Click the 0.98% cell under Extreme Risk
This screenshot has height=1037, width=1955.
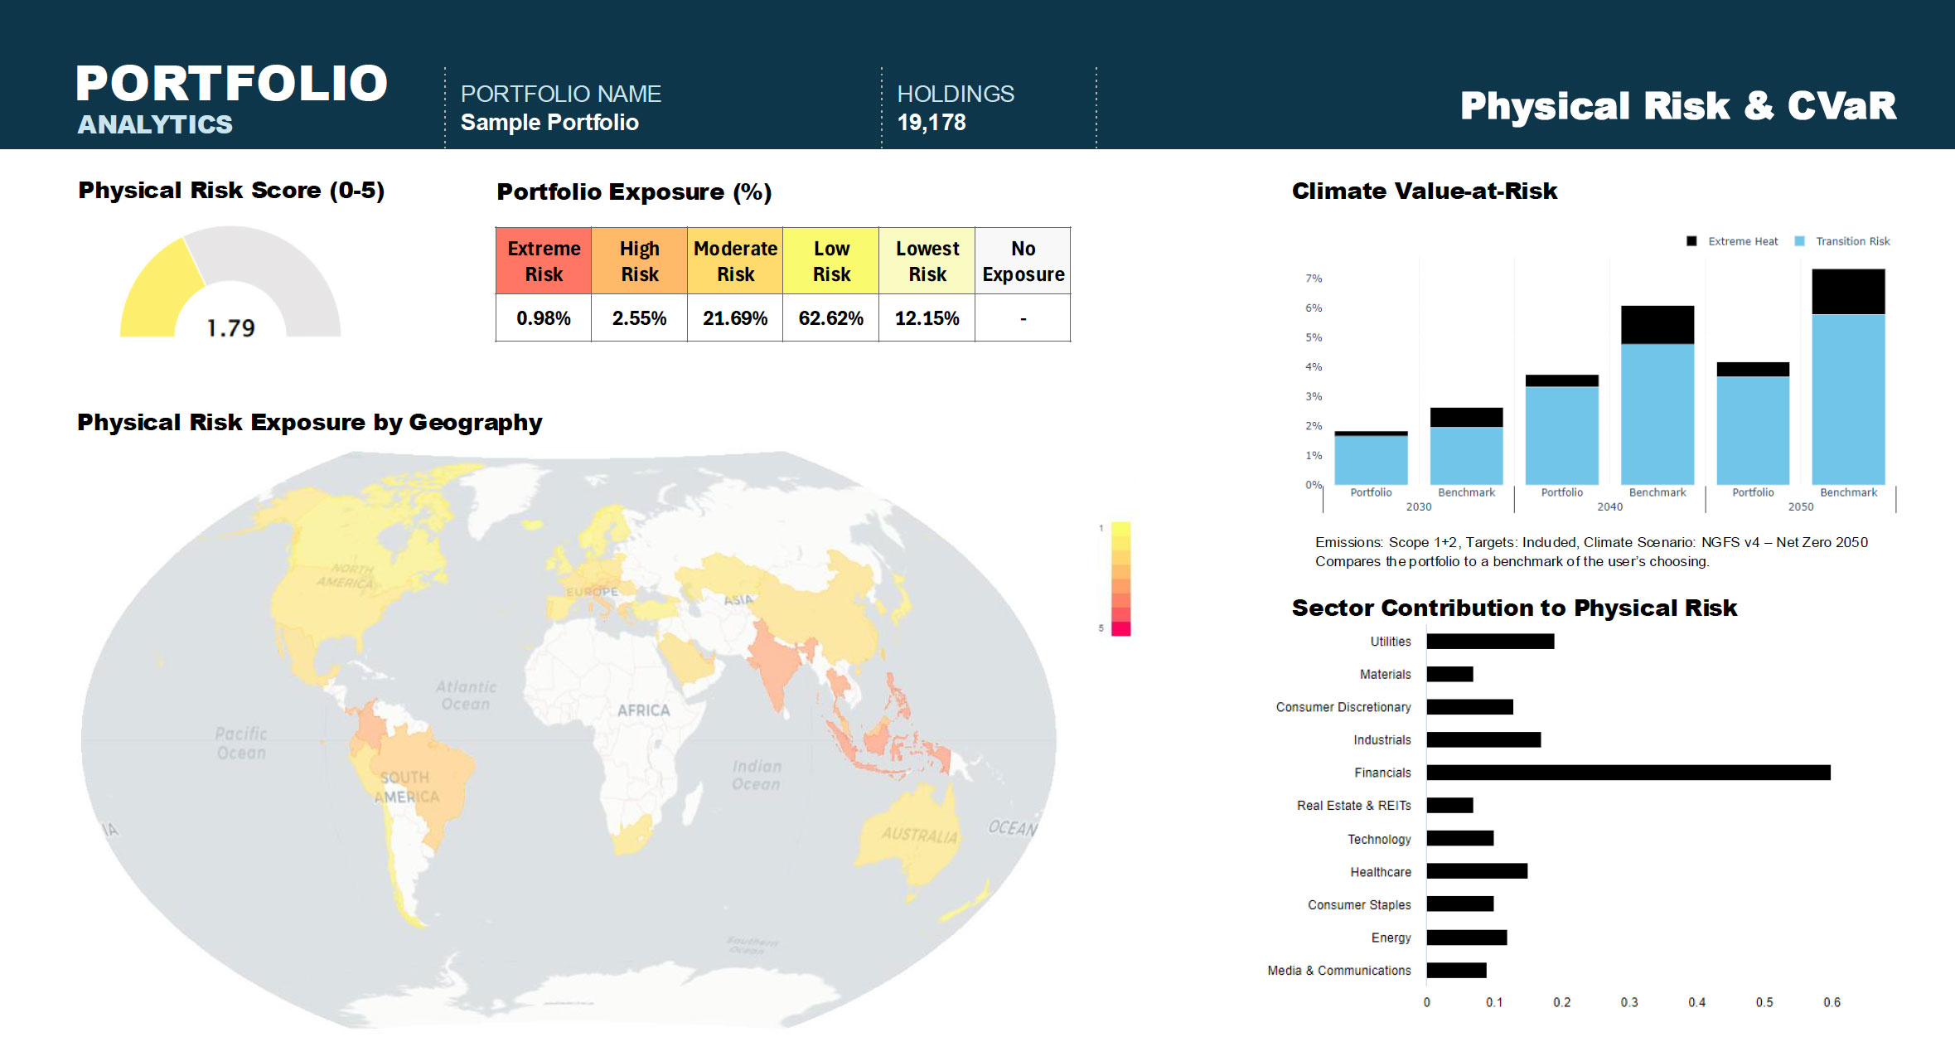tap(544, 318)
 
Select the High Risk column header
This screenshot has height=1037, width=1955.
tap(640, 261)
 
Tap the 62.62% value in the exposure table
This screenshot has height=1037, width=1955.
tap(830, 318)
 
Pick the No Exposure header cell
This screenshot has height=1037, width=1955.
tap(1023, 261)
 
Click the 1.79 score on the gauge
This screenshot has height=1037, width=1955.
tap(230, 328)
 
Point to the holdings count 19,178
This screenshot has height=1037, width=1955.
tap(932, 123)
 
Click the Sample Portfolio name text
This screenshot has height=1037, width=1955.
tap(549, 123)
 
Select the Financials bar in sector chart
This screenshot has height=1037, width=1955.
tap(1628, 773)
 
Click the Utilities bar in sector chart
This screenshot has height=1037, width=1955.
tap(1490, 641)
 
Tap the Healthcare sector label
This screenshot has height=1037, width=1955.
tap(1380, 872)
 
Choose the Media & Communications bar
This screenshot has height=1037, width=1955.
tap(1456, 970)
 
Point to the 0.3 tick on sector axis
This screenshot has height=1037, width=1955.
tap(1628, 1002)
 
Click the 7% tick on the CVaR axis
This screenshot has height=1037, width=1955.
tap(1314, 279)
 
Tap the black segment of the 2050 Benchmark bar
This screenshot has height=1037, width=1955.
tap(1848, 291)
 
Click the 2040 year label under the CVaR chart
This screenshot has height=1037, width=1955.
tap(1609, 506)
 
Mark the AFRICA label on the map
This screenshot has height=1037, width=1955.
tap(643, 710)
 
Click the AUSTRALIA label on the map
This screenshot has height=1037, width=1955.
tap(918, 834)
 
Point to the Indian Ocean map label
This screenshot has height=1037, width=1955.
tap(756, 775)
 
